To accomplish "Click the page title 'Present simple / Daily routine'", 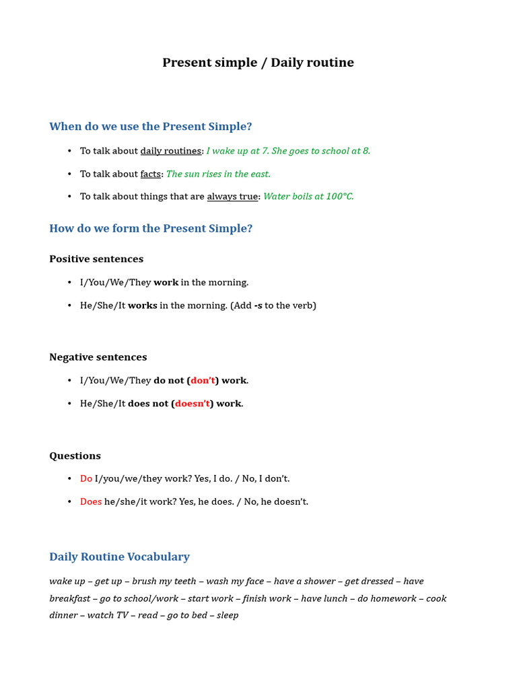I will (x=258, y=63).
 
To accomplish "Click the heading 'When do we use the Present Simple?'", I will (x=151, y=127).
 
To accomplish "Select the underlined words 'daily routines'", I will (x=170, y=151).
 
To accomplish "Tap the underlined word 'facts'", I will (x=150, y=174).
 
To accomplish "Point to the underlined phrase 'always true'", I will (x=232, y=197).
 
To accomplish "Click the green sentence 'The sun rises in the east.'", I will (x=218, y=174).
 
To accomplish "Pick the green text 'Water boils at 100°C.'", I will (x=308, y=197).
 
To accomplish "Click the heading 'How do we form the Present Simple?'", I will (x=151, y=228).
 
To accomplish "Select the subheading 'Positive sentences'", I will (x=96, y=259).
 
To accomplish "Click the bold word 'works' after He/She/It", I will (x=143, y=305).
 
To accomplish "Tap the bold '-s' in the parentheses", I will (x=258, y=305).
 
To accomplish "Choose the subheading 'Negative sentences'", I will (x=98, y=357).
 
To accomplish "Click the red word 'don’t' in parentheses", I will (x=203, y=381).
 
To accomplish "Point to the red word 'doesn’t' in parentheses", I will (x=193, y=404).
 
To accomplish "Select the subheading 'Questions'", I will (x=75, y=456).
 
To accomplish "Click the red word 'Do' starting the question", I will (x=86, y=478).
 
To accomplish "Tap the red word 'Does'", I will (x=91, y=501).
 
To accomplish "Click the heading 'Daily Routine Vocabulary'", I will (x=119, y=557).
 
